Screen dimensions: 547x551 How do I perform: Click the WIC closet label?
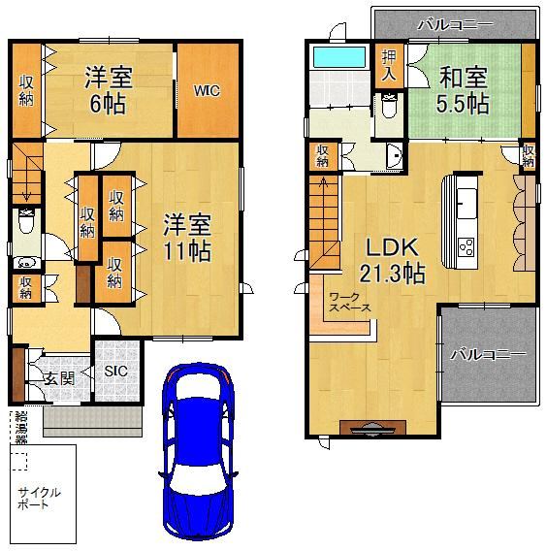tap(207, 90)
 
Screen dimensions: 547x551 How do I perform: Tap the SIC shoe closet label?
tap(116, 371)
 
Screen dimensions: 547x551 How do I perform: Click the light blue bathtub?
tap(339, 56)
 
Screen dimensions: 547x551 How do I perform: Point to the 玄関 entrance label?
tap(59, 378)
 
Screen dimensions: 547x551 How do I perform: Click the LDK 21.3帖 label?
tap(392, 260)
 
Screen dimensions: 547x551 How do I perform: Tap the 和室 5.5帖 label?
tap(463, 89)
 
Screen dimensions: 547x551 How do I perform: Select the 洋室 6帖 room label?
tap(109, 90)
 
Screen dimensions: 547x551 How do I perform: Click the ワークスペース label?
tap(350, 303)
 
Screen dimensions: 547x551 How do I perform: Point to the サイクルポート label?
tap(39, 499)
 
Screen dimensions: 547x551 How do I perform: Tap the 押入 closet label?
tap(389, 65)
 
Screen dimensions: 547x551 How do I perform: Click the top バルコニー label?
tap(455, 24)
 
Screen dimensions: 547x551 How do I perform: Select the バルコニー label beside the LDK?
tap(489, 355)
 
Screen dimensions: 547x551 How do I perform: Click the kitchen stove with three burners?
tap(467, 246)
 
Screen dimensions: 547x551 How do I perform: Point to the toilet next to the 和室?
tap(389, 106)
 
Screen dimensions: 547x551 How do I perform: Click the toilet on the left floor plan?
tap(26, 221)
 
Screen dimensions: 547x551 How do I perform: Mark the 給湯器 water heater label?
tap(21, 428)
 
